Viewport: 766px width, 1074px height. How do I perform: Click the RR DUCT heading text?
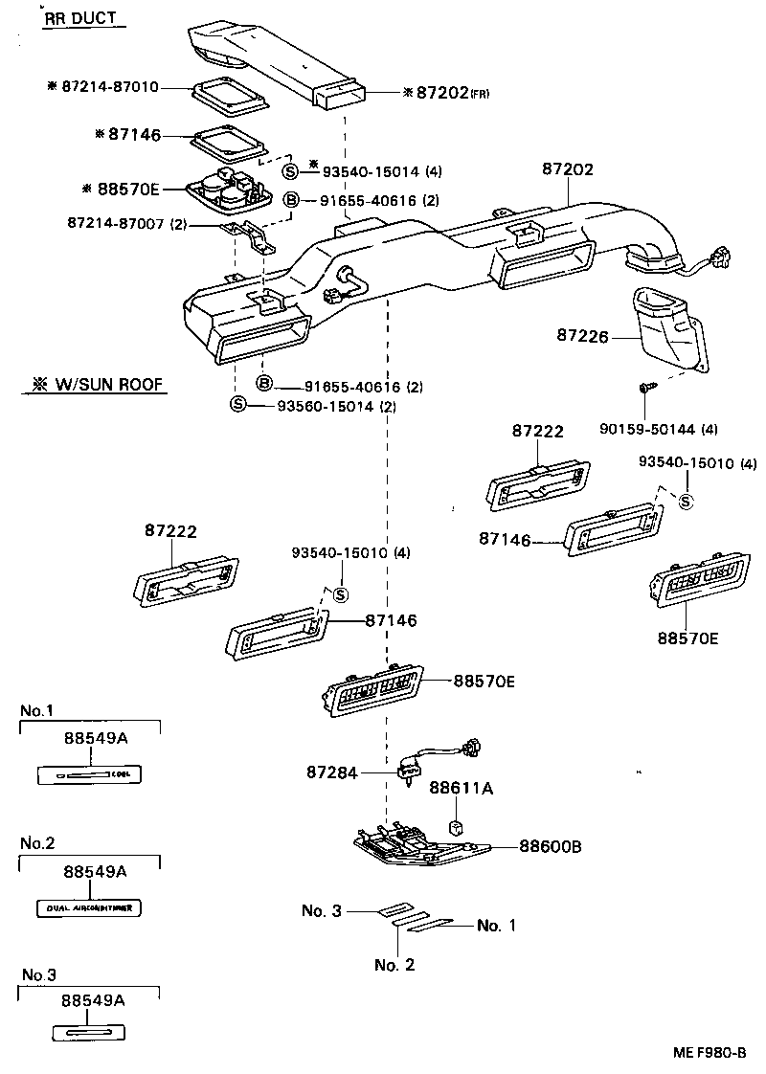85,18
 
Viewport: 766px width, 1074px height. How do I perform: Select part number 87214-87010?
107,87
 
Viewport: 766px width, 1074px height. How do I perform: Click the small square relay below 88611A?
458,825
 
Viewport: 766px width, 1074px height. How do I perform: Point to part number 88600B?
552,846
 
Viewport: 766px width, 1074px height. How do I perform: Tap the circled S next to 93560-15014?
237,405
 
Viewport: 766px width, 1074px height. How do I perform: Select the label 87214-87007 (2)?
126,223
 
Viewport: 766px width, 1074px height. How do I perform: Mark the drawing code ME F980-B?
709,1052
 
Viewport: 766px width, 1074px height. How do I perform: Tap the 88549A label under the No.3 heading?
93,999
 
